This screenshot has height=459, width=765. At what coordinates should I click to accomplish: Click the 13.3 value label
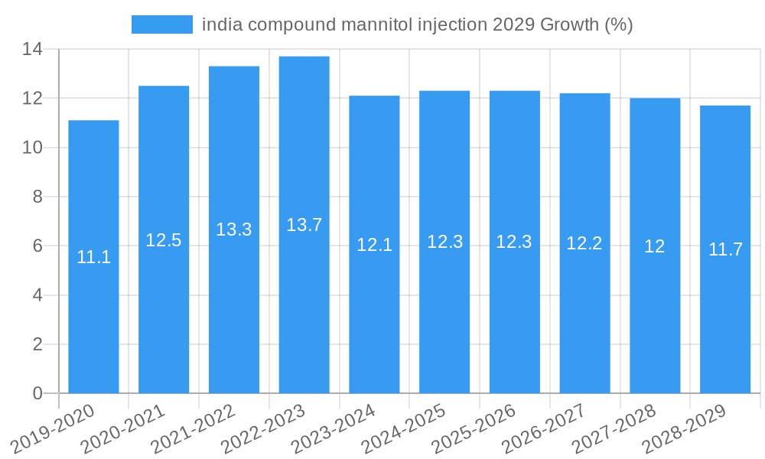click(x=234, y=229)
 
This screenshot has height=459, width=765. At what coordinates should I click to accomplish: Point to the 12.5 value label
click(x=164, y=240)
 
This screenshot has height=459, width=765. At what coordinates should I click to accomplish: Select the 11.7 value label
click(x=725, y=249)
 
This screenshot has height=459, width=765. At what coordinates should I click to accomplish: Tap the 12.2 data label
click(x=584, y=243)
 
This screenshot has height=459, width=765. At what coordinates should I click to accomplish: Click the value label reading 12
click(x=655, y=246)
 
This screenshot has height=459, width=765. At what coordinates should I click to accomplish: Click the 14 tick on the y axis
click(x=31, y=50)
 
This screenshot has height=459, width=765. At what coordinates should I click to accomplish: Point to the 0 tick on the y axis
click(x=37, y=394)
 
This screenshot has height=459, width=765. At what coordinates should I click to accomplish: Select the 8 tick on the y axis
click(x=37, y=197)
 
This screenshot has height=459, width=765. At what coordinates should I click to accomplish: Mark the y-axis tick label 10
click(x=31, y=148)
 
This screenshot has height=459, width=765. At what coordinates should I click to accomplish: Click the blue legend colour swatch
click(x=161, y=24)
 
